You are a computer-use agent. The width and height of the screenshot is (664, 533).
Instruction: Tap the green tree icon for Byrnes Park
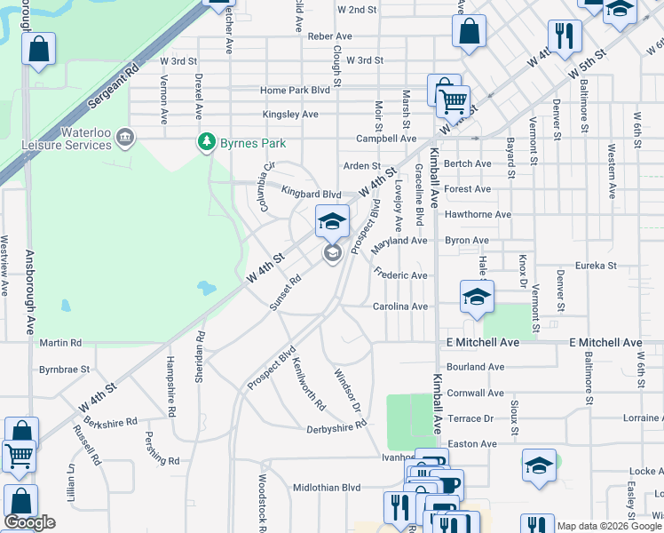tap(207, 141)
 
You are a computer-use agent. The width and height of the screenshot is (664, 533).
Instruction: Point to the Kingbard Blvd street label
tap(311, 194)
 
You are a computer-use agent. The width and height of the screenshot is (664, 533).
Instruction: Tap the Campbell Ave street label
tap(386, 139)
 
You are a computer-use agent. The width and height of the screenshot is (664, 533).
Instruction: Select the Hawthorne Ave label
tap(478, 214)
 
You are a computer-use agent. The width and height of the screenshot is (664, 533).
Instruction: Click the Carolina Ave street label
tap(399, 306)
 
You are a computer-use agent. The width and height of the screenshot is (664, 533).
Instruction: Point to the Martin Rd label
tap(60, 342)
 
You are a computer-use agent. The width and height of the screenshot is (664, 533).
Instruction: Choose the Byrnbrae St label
tap(64, 369)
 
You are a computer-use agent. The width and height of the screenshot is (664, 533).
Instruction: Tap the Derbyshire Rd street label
tap(336, 426)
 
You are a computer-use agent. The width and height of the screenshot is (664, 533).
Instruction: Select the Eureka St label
tap(595, 265)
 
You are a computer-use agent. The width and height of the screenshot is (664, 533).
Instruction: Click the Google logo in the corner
tap(29, 522)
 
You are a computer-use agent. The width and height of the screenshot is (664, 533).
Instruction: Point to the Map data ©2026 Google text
tap(609, 526)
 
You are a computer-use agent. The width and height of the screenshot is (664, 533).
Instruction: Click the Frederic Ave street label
tap(400, 275)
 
